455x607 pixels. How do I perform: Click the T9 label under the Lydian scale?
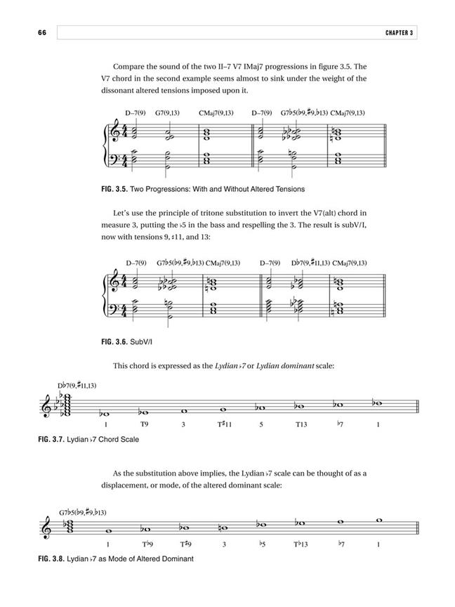point(144,425)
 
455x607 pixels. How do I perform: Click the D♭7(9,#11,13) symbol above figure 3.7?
point(77,386)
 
